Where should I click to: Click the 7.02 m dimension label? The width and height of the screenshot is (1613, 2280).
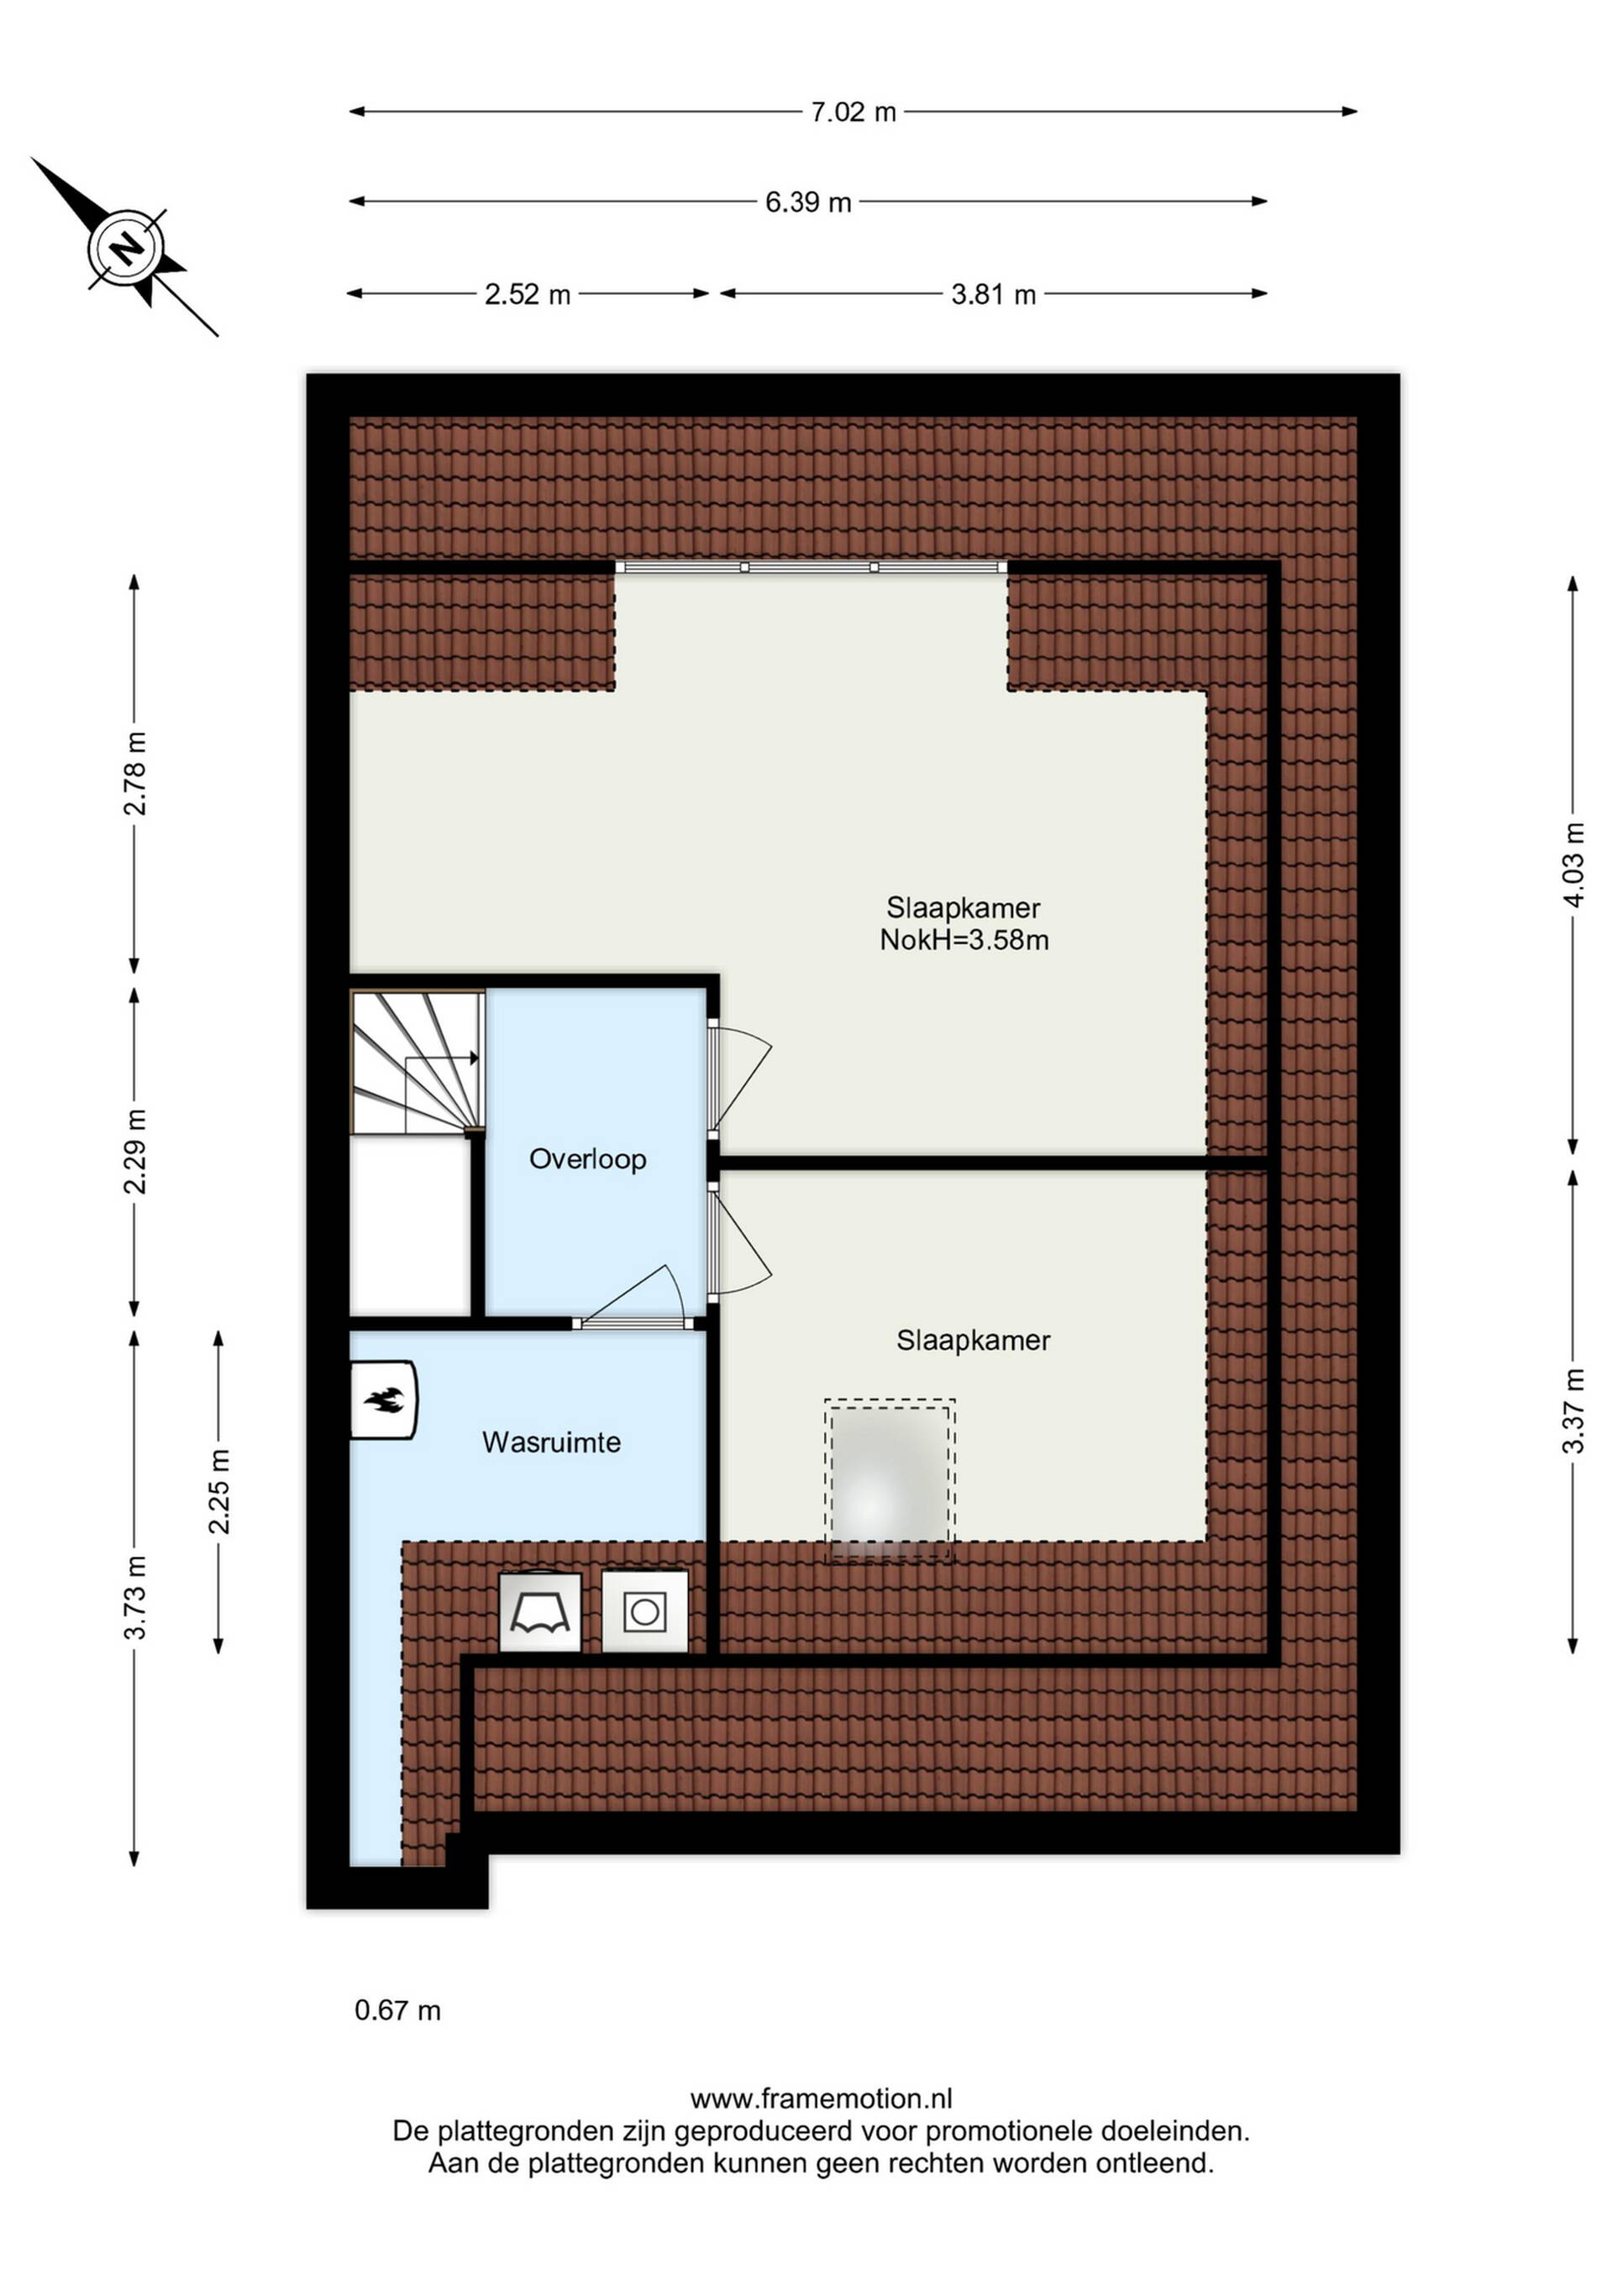[x=854, y=113]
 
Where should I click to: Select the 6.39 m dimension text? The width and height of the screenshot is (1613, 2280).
[x=807, y=202]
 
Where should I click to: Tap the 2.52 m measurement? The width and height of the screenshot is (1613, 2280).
[x=528, y=295]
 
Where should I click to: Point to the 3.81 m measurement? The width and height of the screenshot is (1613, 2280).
[x=993, y=295]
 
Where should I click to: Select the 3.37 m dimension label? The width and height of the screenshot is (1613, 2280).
[x=1574, y=1411]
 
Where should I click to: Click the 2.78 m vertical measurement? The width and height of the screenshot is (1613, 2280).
[x=135, y=774]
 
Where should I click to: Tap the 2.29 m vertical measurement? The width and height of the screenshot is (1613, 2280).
[x=135, y=1152]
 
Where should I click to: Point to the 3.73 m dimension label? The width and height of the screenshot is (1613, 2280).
[x=135, y=1598]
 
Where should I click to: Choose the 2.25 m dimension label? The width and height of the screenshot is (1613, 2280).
[x=219, y=1490]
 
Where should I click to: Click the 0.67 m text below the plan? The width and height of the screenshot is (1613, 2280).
[x=397, y=2011]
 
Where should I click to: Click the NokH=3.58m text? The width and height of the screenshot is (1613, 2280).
[x=964, y=940]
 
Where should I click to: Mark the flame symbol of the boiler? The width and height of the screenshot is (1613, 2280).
[x=382, y=1400]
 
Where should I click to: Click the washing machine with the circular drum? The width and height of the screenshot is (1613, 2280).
[x=644, y=1611]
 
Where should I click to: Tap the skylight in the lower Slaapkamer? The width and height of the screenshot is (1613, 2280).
[x=890, y=1480]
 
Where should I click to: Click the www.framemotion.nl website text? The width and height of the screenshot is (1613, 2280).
[x=822, y=2099]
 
